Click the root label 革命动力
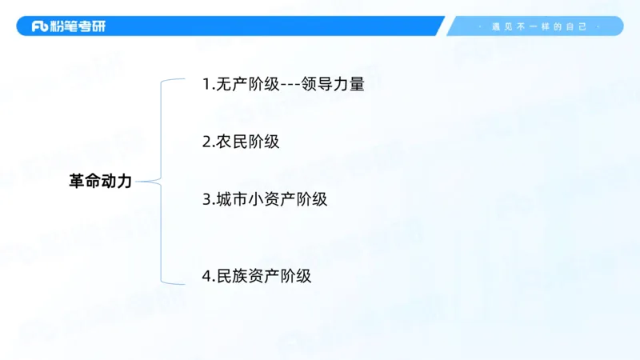click(x=100, y=182)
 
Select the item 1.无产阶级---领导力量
click(x=283, y=83)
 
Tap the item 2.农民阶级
click(x=240, y=142)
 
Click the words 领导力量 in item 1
click(x=334, y=83)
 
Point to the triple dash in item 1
click(x=289, y=83)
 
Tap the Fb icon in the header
click(x=41, y=26)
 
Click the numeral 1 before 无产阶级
click(x=206, y=83)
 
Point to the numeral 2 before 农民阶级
click(x=206, y=142)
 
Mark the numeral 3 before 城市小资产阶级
click(x=206, y=199)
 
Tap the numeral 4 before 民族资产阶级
click(x=206, y=276)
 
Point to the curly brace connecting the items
click(x=162, y=182)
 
